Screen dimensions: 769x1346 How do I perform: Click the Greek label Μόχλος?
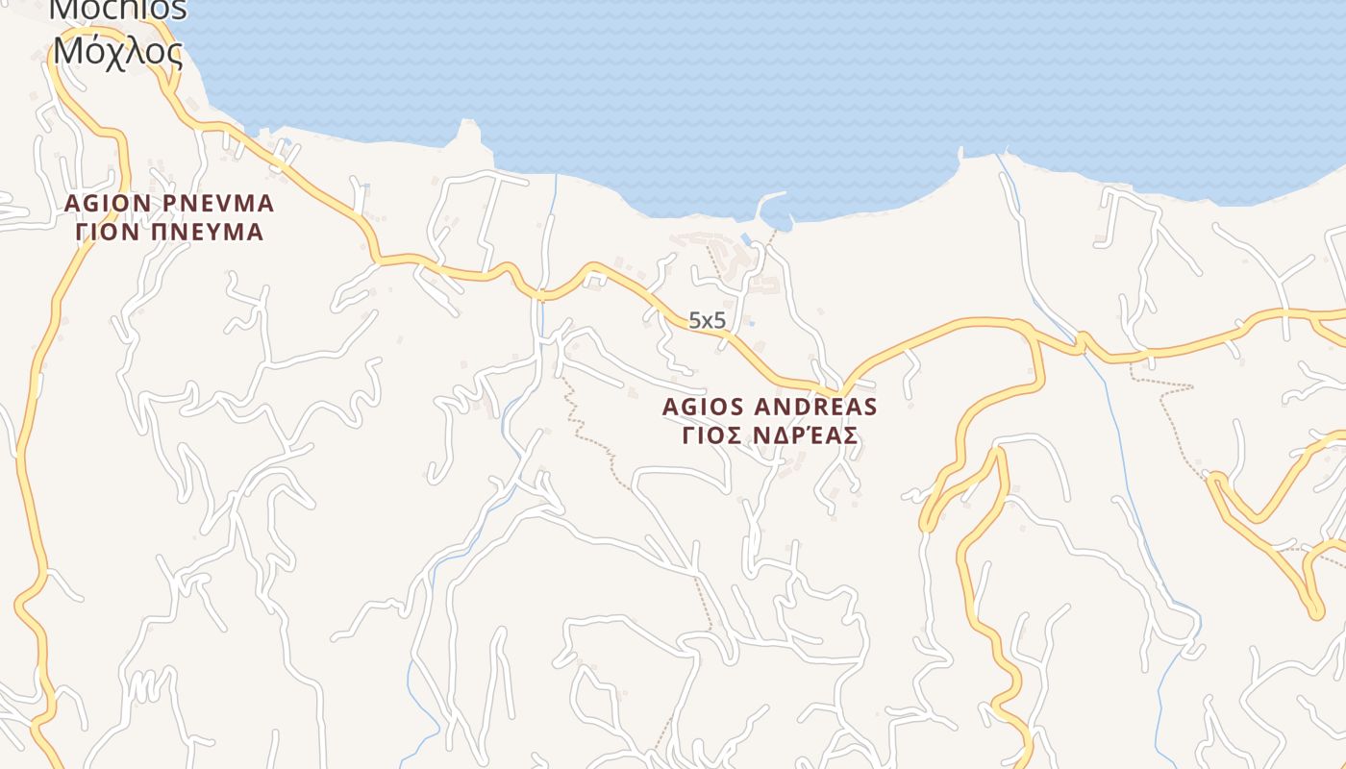pos(117,50)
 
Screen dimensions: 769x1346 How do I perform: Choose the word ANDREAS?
pos(822,407)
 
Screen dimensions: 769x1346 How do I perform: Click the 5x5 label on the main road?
pos(707,321)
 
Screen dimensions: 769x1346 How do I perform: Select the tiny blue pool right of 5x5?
pos(750,323)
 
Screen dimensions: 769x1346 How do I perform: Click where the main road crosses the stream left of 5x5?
pos(542,295)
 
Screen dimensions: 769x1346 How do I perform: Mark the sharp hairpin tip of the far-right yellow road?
pos(1315,611)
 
